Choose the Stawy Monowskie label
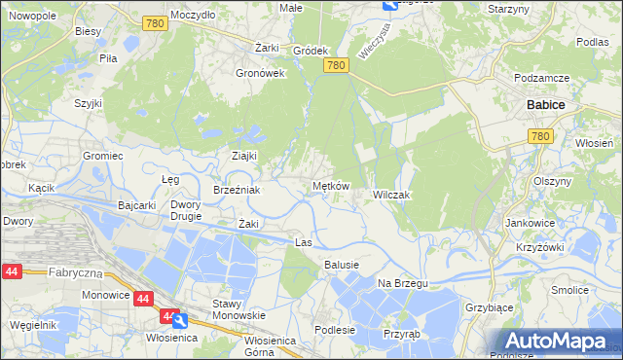(x=239, y=309)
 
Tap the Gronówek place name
(x=260, y=72)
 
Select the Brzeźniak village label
(x=237, y=190)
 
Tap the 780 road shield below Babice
(x=542, y=137)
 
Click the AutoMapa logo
(x=554, y=342)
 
